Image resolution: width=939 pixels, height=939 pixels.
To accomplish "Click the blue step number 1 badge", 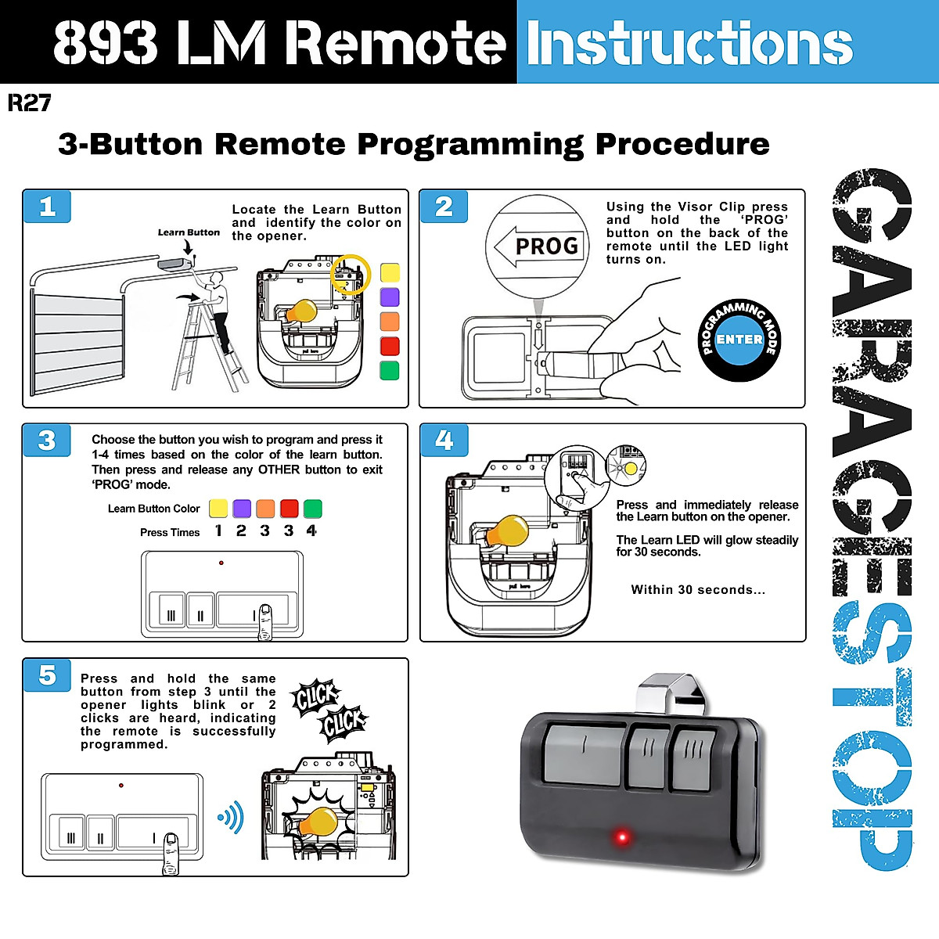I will [47, 207].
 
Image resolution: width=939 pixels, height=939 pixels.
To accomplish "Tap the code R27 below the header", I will [29, 103].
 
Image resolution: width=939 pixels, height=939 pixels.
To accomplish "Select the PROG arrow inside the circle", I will [538, 246].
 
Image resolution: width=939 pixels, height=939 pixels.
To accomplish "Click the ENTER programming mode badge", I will [739, 340].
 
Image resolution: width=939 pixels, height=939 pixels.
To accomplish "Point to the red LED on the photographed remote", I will [622, 837].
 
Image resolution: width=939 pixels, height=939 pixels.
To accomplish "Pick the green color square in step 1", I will [390, 370].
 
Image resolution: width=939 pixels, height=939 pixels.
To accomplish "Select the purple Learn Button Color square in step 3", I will [242, 509].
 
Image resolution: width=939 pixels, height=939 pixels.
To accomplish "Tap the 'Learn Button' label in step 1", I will [189, 232].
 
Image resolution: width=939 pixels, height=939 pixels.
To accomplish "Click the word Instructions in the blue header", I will [689, 43].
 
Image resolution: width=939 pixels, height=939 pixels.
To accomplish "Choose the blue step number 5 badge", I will [47, 675].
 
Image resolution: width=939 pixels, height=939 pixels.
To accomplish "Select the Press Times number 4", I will [311, 531].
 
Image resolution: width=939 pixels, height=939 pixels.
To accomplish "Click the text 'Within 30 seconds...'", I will [698, 590].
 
